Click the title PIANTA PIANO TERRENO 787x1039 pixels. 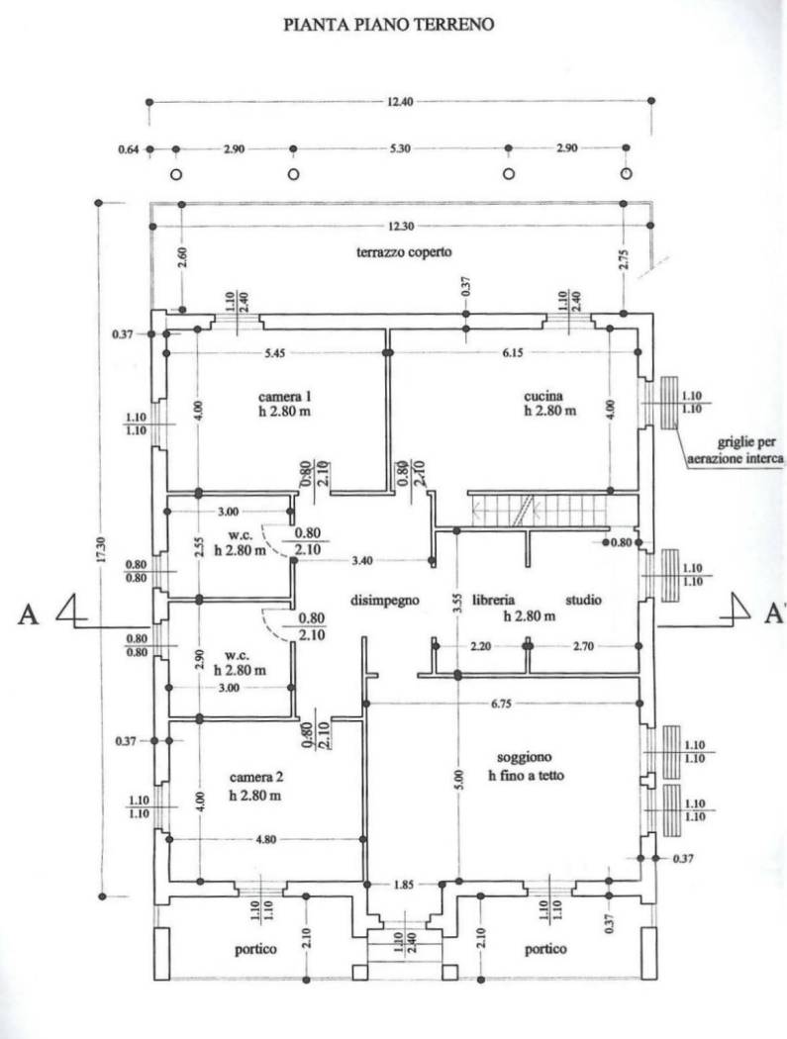pyautogui.click(x=388, y=25)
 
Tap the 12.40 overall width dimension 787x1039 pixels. pyautogui.click(x=399, y=101)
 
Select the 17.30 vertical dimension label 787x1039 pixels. pyautogui.click(x=101, y=549)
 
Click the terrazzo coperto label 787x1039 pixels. pyautogui.click(x=404, y=251)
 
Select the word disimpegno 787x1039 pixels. pyautogui.click(x=384, y=601)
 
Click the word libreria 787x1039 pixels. pyautogui.click(x=493, y=600)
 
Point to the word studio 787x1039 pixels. pyautogui.click(x=583, y=600)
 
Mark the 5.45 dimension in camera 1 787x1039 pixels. pyautogui.click(x=274, y=353)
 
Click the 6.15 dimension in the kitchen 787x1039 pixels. pyautogui.click(x=512, y=352)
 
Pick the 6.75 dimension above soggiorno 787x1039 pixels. pyautogui.click(x=501, y=704)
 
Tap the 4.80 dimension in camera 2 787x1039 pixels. pyautogui.click(x=266, y=839)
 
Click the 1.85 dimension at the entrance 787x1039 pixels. pyautogui.click(x=403, y=884)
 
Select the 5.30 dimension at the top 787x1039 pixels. pyautogui.click(x=400, y=149)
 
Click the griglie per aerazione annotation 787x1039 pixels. pyautogui.click(x=736, y=450)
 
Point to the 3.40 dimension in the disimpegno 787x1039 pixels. pyautogui.click(x=361, y=561)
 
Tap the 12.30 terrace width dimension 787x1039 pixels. pyautogui.click(x=401, y=227)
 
